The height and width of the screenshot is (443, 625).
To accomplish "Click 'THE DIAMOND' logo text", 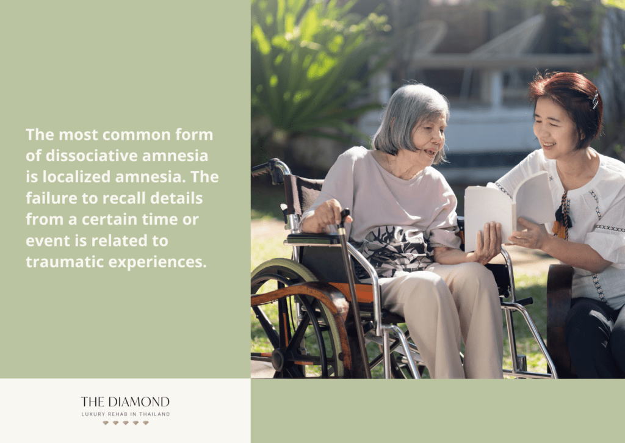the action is [125, 401].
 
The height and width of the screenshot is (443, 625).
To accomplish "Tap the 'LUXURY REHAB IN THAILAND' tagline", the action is [126, 414].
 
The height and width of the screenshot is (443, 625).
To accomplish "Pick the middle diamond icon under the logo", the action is [126, 423].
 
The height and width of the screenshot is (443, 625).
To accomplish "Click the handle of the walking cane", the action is [344, 216].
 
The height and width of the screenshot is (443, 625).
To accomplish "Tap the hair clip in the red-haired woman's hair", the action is [595, 99].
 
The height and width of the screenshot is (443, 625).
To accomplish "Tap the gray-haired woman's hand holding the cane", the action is [325, 216].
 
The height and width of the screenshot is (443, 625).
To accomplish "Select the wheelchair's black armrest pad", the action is [312, 238].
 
